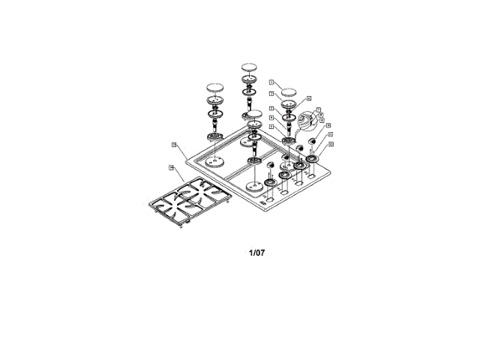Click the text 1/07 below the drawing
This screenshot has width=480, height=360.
coord(256,253)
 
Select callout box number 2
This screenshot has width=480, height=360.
coord(271,94)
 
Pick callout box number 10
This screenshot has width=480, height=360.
coord(328,125)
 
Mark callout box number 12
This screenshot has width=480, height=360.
coord(331,143)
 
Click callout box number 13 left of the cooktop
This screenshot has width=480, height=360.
coord(173,144)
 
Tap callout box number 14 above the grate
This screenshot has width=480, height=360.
coord(171,167)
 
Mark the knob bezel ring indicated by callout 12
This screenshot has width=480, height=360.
coord(311,159)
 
